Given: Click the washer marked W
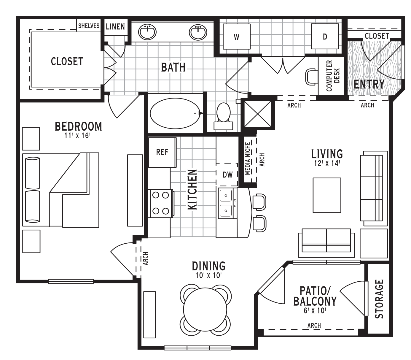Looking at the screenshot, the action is click(x=237, y=37).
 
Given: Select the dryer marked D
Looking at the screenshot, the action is click(x=325, y=37).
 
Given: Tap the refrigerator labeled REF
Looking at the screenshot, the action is click(x=162, y=152).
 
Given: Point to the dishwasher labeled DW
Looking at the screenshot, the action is click(x=227, y=175).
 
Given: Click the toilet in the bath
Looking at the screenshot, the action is click(x=223, y=116).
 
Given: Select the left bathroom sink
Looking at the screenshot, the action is click(x=147, y=32).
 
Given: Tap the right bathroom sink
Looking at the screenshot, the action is click(x=198, y=32).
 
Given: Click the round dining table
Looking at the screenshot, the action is click(x=205, y=310).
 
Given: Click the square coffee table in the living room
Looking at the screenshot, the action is click(x=327, y=195).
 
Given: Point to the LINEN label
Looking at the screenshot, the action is click(x=115, y=26).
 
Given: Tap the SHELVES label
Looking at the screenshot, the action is click(x=89, y=26).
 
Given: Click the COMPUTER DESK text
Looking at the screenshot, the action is click(x=333, y=76).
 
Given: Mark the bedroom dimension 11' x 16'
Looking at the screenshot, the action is click(x=77, y=136).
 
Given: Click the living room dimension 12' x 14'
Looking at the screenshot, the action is click(x=327, y=164).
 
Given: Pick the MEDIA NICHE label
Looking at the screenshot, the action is click(x=248, y=158).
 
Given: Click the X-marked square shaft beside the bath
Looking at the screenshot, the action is click(x=258, y=114).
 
